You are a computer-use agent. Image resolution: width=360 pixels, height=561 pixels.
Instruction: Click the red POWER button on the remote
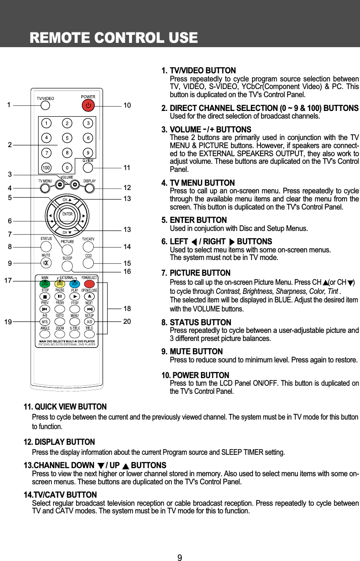click(88, 106)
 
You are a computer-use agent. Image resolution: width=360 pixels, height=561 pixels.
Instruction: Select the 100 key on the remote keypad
click(46, 168)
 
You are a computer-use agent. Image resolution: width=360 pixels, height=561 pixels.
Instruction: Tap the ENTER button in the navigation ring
click(67, 214)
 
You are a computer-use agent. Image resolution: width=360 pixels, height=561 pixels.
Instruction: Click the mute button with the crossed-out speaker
click(46, 263)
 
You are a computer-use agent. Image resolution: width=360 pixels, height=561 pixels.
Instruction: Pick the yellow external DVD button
click(60, 284)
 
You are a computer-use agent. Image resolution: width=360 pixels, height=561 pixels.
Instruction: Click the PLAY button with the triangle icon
click(74, 296)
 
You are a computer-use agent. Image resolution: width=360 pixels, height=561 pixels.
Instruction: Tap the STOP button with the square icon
click(45, 296)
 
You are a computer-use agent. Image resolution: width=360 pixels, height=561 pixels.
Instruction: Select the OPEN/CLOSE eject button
click(89, 296)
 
